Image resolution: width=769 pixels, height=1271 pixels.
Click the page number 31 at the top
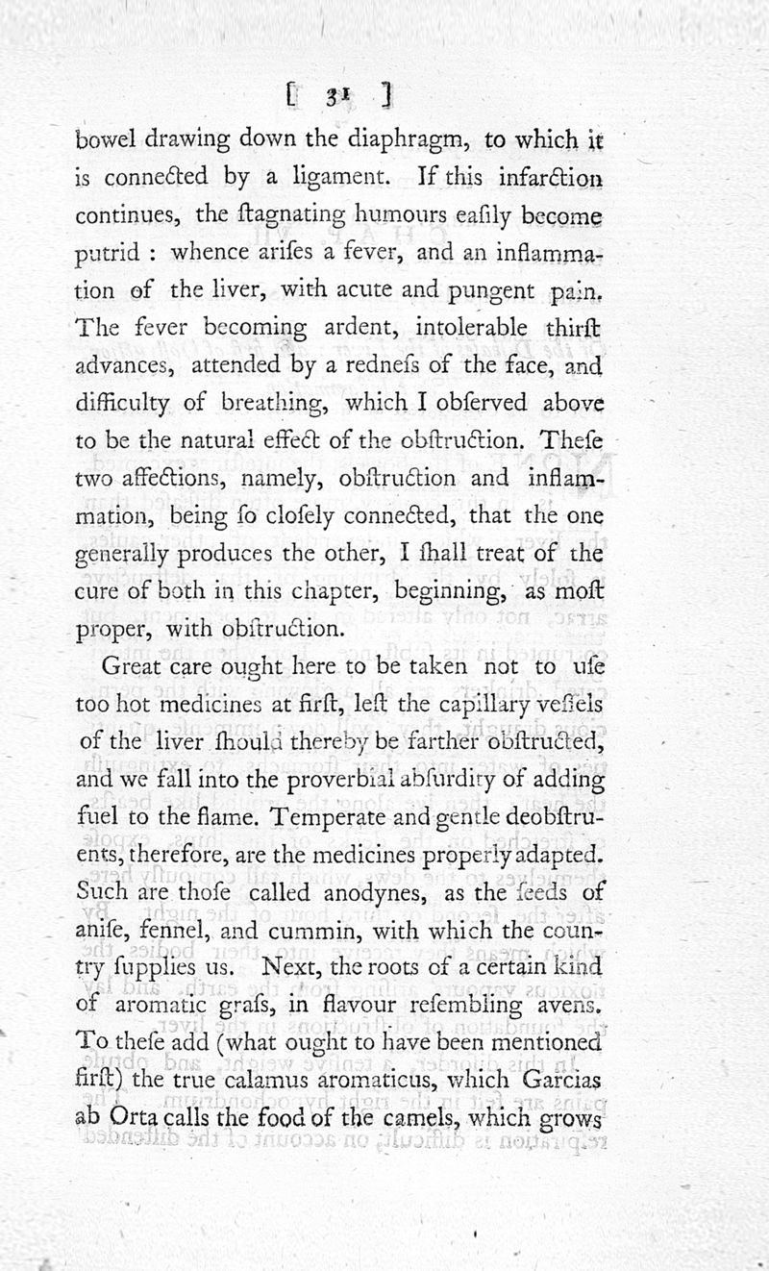click(x=335, y=95)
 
